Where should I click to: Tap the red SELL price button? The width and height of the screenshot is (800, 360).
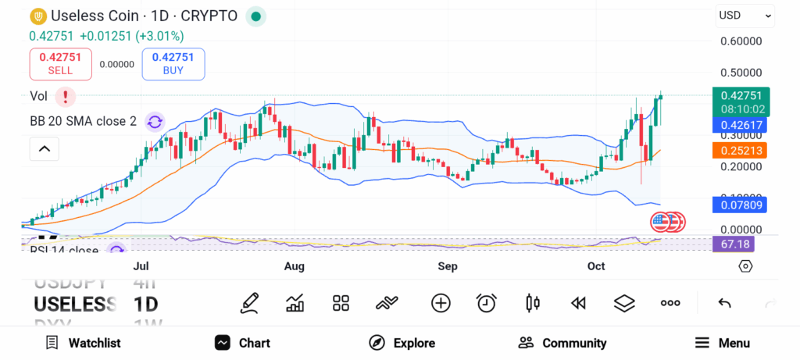[x=61, y=63]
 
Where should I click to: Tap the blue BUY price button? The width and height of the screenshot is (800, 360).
[x=173, y=63]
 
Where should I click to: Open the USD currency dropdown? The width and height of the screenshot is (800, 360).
[x=745, y=15]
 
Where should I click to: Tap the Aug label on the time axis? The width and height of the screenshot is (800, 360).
[x=294, y=266]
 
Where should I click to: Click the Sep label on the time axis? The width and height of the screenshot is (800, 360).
[x=448, y=266]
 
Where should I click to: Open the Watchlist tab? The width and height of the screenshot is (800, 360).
[x=83, y=343]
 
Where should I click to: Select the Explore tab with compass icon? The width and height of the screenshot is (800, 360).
[x=402, y=343]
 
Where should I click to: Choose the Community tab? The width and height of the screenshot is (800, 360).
[x=562, y=343]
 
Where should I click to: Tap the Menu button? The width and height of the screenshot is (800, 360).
[x=723, y=343]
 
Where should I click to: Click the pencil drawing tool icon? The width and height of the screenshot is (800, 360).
[x=249, y=303]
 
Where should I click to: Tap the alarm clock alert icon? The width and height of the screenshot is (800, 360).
[x=487, y=303]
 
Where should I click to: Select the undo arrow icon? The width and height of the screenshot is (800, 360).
[x=724, y=303]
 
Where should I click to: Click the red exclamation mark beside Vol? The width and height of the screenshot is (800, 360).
[x=66, y=97]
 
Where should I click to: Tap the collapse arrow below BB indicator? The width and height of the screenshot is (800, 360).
[x=45, y=148]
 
